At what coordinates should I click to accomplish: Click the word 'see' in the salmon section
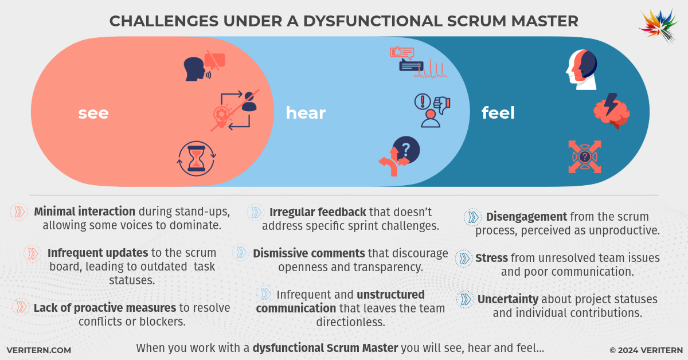(93, 113)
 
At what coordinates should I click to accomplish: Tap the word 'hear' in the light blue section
(306, 113)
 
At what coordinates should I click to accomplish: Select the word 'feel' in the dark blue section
(498, 113)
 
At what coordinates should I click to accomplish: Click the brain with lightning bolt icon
(612, 110)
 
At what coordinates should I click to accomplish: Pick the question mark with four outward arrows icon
(584, 156)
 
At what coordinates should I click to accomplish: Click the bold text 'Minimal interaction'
(85, 211)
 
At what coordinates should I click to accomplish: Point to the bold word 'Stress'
(491, 258)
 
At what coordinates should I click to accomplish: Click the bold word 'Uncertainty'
(507, 299)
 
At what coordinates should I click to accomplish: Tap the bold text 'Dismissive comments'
(308, 253)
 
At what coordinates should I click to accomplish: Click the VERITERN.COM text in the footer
(39, 350)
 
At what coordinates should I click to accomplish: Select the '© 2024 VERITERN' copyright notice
(646, 350)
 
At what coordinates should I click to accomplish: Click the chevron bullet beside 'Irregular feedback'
(255, 212)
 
